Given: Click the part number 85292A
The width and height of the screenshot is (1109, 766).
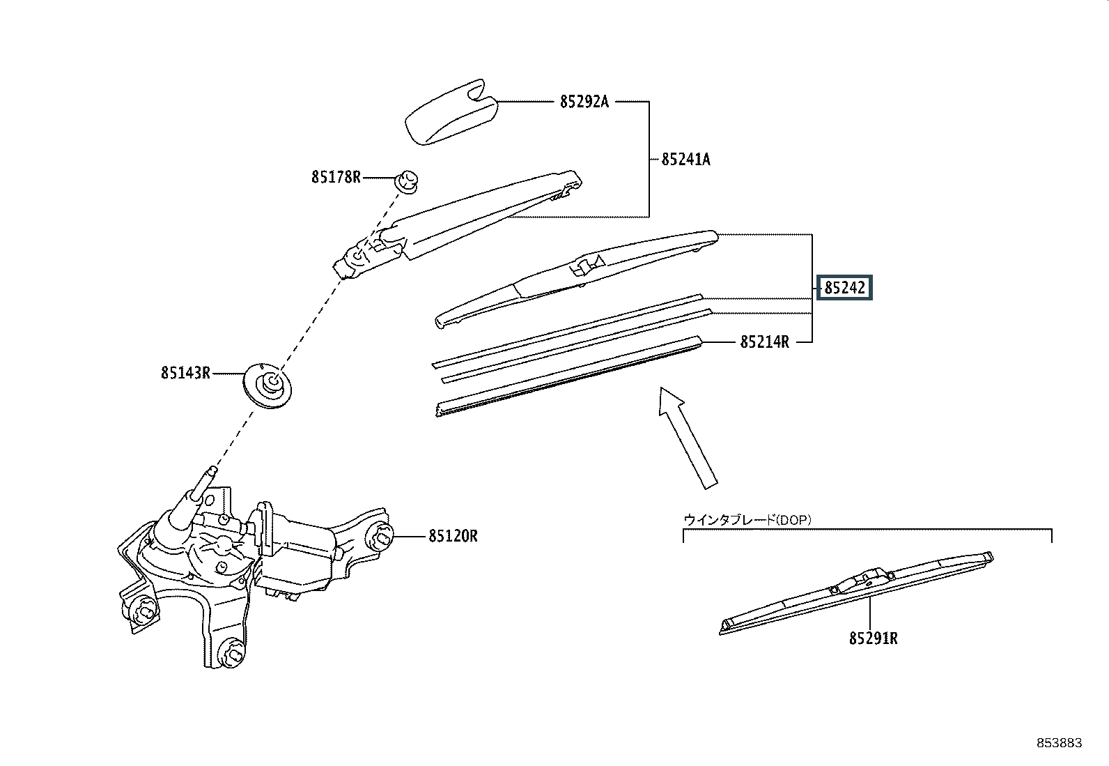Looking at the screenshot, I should pos(584,102).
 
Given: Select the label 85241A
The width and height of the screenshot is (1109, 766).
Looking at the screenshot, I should pos(685,160).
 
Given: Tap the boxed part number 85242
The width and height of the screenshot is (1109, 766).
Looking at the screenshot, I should pos(844,287).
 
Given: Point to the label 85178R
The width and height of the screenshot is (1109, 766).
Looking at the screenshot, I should pos(336,177).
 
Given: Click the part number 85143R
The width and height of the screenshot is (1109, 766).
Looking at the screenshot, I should pos(185,373).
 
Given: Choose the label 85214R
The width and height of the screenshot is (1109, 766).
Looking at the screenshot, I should pos(764,342).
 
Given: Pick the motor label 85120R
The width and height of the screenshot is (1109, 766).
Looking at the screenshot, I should pos(453,536).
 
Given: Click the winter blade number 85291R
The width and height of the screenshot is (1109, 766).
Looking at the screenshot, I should pos(873,638).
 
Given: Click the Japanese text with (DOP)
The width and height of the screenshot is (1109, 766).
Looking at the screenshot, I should pos(747,519).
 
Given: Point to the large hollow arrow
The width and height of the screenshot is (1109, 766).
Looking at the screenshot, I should pos(687,436).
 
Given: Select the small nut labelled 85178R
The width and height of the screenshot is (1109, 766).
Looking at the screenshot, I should pos(405,181).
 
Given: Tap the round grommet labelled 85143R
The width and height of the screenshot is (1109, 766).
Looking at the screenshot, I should pos(270,385).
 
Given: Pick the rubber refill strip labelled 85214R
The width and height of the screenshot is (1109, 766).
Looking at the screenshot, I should pos(568,376).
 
